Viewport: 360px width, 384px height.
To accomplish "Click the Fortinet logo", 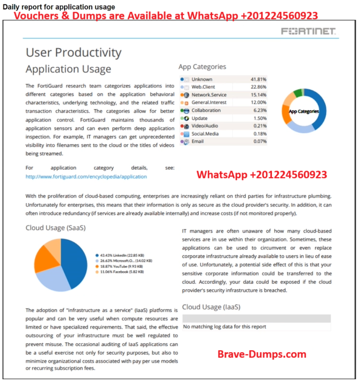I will [x=308, y=31].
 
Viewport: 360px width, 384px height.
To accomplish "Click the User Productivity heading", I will [x=73, y=52].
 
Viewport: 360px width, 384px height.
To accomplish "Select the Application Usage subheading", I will [x=68, y=69].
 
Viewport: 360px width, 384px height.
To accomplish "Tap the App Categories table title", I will [x=202, y=67].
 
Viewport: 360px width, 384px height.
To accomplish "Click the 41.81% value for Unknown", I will [x=258, y=79].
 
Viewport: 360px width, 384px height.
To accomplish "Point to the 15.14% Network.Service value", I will [x=258, y=95].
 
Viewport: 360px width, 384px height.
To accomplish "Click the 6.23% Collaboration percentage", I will [x=260, y=110].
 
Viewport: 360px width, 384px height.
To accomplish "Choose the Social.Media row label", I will [x=205, y=134].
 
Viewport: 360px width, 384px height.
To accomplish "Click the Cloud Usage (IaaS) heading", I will [x=211, y=307].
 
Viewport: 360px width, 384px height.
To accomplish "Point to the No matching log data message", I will [x=225, y=327].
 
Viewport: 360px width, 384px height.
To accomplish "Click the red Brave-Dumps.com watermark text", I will [x=262, y=354].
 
